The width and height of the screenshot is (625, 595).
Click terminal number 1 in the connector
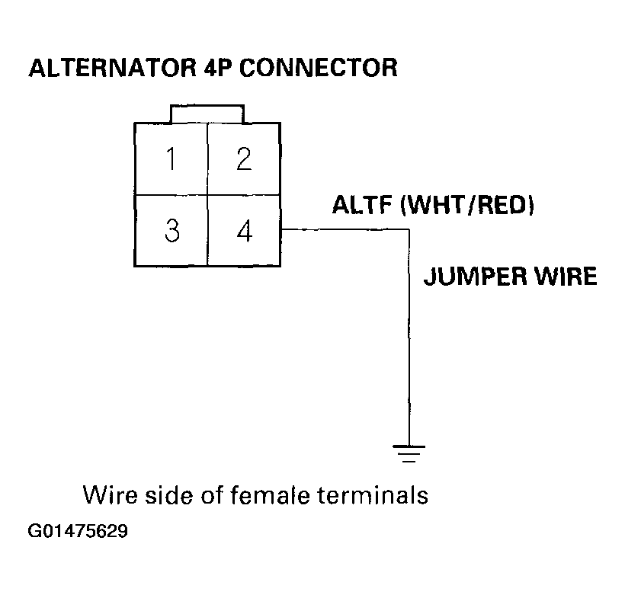pyautogui.click(x=172, y=159)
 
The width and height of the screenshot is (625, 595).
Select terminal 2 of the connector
pyautogui.click(x=244, y=159)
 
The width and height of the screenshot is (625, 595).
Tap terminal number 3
pyautogui.click(x=172, y=231)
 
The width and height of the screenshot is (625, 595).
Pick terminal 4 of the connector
pyautogui.click(x=244, y=231)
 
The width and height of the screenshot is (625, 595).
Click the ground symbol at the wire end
pyautogui.click(x=410, y=453)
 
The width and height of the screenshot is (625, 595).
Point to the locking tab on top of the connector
pyautogui.click(x=208, y=114)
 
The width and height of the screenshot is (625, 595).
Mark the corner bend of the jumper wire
pyautogui.click(x=409, y=229)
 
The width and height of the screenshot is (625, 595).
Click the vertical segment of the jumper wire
pyautogui.click(x=410, y=343)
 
